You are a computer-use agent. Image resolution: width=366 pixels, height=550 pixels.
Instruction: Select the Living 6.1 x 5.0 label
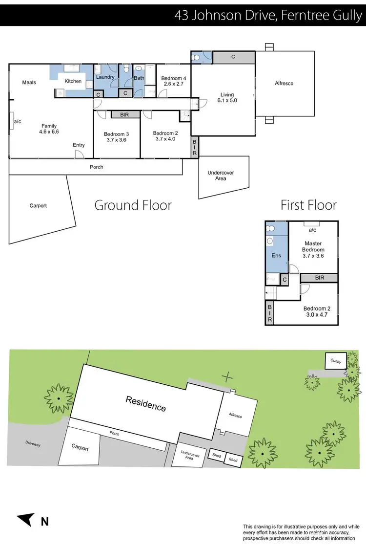pyautogui.click(x=227, y=98)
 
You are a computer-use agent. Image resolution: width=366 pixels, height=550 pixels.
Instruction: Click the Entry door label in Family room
pyautogui.click(x=79, y=145)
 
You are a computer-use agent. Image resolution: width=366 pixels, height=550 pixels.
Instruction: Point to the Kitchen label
pyautogui.click(x=73, y=81)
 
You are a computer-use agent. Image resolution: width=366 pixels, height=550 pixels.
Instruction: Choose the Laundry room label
pyautogui.click(x=105, y=77)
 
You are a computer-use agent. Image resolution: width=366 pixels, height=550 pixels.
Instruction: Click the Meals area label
pyautogui.click(x=29, y=83)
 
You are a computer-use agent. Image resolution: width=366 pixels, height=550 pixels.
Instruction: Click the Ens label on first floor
pyautogui.click(x=276, y=255)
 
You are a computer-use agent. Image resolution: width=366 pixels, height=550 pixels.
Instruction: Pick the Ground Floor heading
pyautogui.click(x=133, y=205)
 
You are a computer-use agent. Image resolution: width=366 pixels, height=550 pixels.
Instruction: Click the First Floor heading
pyautogui.click(x=308, y=205)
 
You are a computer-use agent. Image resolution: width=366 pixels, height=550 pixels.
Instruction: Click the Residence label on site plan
pyautogui.click(x=146, y=404)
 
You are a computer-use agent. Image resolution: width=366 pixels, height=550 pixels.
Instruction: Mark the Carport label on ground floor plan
pyautogui.click(x=38, y=206)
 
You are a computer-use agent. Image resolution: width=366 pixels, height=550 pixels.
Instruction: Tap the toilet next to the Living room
pyautogui.click(x=197, y=58)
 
